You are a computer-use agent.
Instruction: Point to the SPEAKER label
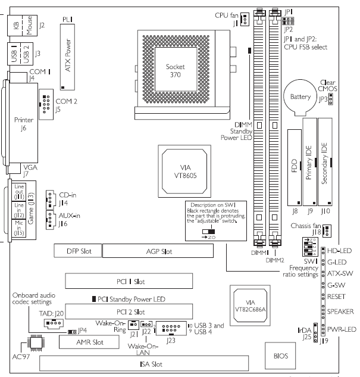pyautogui.click(x=340, y=311)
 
